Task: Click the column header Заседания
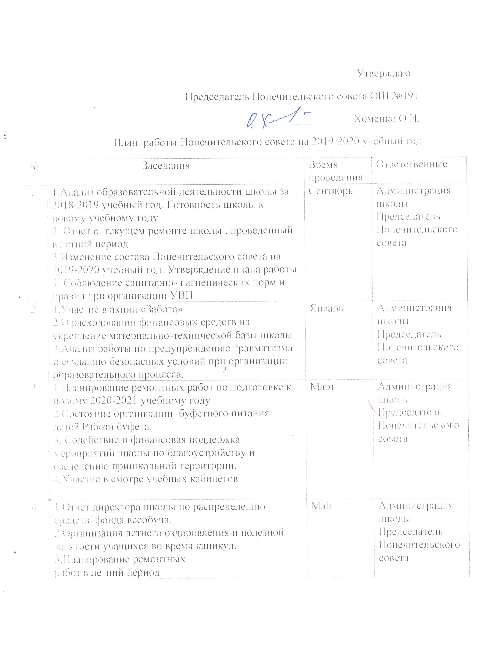(x=166, y=166)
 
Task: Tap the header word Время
(x=323, y=165)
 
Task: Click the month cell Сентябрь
(x=331, y=191)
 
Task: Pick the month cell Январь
(x=327, y=309)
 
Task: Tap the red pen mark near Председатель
(x=374, y=406)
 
